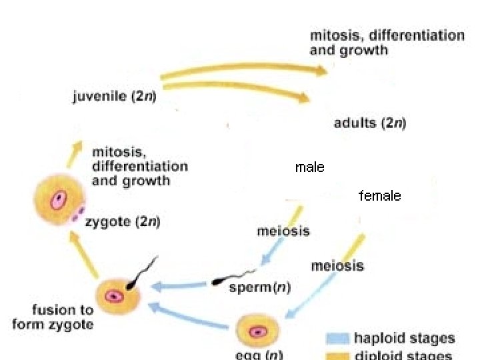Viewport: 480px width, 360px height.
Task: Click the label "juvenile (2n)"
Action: (114, 97)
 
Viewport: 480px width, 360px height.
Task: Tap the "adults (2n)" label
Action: (370, 123)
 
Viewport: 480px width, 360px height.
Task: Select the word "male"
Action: (309, 167)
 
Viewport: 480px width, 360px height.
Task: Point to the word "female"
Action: (380, 196)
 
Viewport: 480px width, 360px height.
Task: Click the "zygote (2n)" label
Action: (123, 222)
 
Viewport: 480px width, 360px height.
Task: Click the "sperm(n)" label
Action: (259, 287)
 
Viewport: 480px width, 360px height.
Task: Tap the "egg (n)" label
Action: (259, 353)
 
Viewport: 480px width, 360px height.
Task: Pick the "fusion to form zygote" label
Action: (53, 317)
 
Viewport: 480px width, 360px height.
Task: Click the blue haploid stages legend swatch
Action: (337, 339)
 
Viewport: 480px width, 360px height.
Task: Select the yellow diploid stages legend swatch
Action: (337, 355)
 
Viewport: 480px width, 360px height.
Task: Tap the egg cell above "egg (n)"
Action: (258, 331)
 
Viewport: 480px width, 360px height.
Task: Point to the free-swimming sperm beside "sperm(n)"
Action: (233, 277)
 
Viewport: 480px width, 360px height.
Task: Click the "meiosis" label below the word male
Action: (283, 231)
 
